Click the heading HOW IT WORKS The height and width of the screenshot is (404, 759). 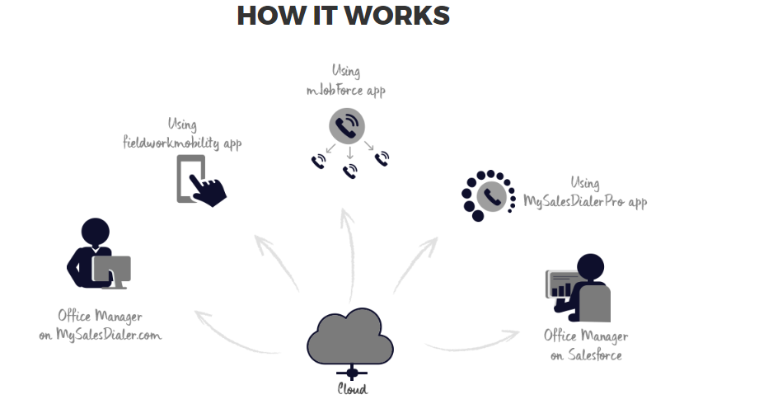[343, 16]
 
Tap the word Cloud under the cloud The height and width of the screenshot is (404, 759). [352, 389]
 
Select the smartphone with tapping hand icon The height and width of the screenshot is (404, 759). [200, 180]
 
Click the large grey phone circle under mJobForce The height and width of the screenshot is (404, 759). [347, 126]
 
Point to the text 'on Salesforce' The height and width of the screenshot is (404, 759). [586, 355]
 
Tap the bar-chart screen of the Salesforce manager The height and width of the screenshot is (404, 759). [560, 284]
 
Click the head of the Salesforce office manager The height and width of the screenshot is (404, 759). [590, 266]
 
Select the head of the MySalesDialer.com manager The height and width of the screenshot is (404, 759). [96, 231]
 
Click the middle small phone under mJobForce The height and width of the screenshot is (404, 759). [349, 171]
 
